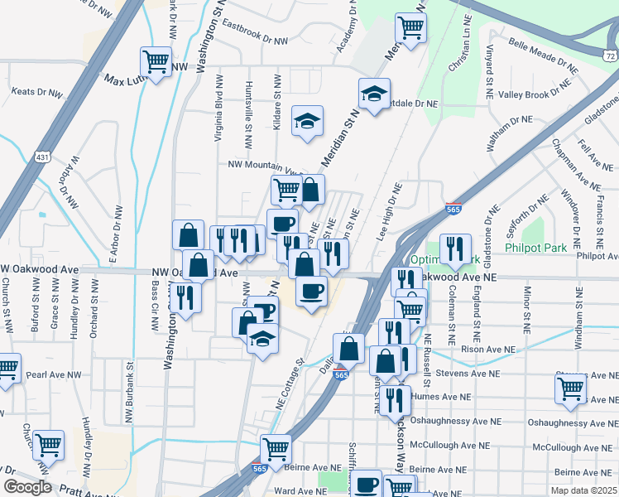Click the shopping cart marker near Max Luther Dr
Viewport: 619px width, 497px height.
click(156, 60)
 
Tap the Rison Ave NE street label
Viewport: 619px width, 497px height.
click(474, 349)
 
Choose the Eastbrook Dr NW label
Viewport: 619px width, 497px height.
click(254, 33)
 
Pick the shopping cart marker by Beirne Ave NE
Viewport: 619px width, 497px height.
click(276, 448)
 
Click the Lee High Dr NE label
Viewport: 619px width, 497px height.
click(389, 214)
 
